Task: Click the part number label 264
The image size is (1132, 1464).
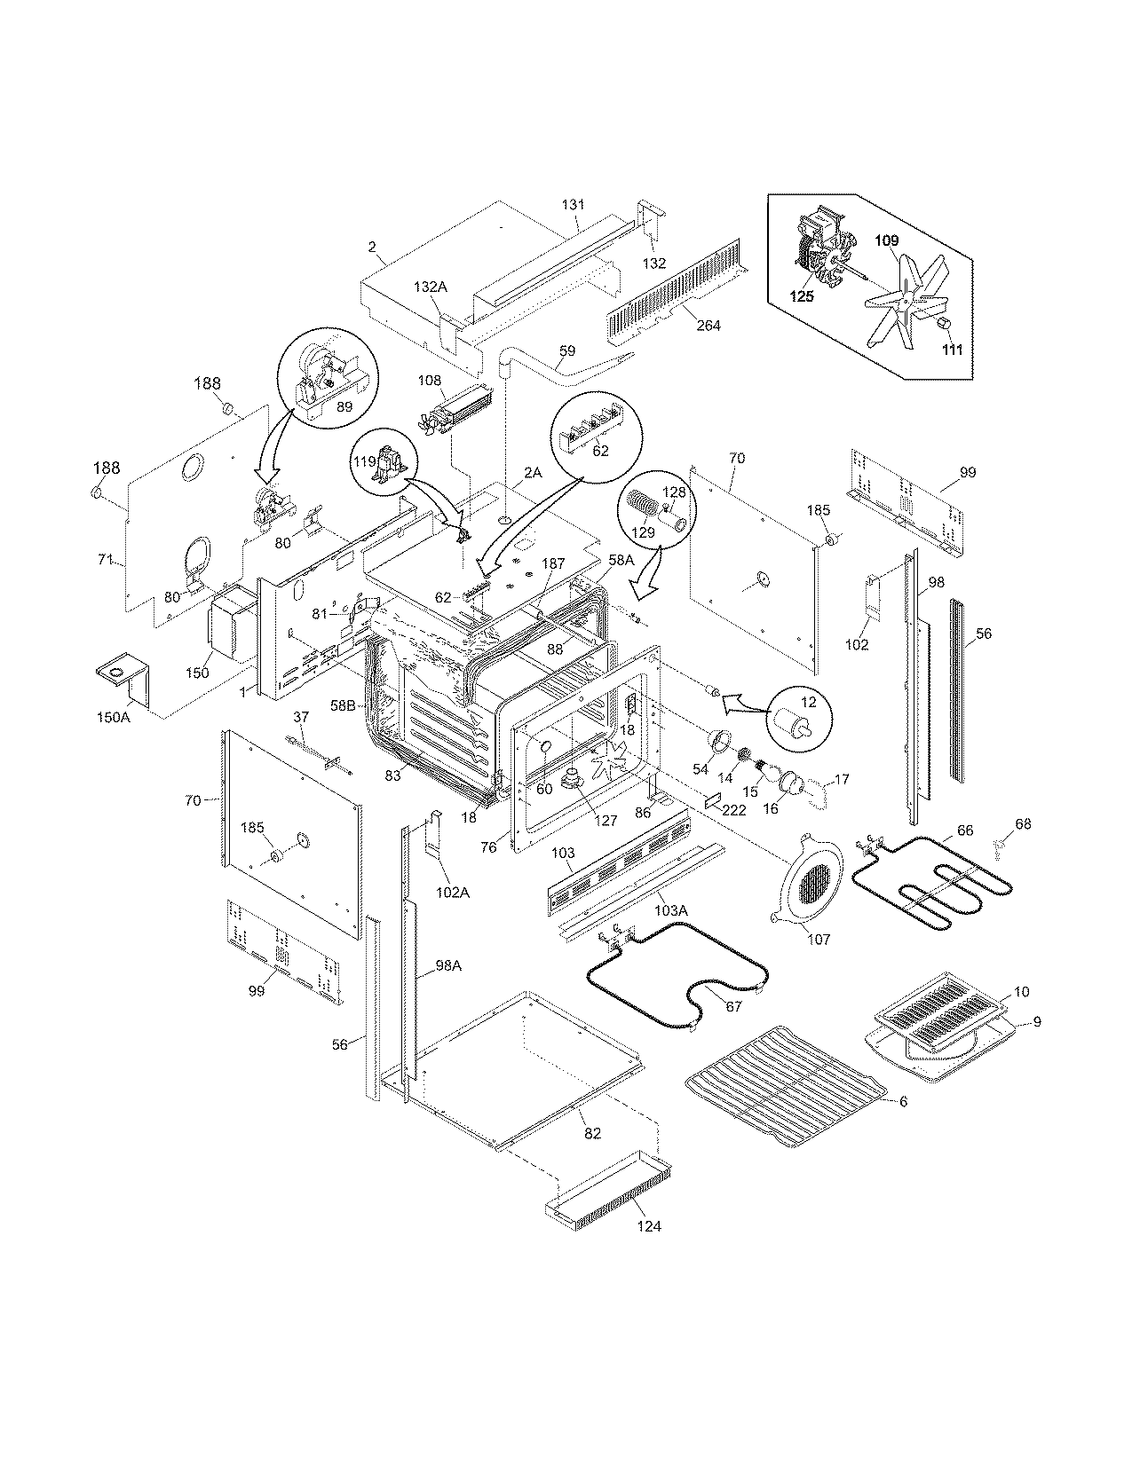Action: (x=708, y=326)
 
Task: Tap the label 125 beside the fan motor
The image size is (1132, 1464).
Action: (x=802, y=297)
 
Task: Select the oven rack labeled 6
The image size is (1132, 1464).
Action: (x=786, y=1078)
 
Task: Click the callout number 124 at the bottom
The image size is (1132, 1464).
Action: (x=648, y=1227)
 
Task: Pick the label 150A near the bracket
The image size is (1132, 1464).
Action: (x=114, y=716)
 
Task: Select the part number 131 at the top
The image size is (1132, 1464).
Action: (x=574, y=204)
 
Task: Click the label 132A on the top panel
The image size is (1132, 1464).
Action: (x=431, y=287)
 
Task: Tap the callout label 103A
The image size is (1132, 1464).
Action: (x=671, y=909)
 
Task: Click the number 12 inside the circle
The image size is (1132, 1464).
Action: (x=808, y=703)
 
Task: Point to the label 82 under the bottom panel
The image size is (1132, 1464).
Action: (x=592, y=1133)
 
